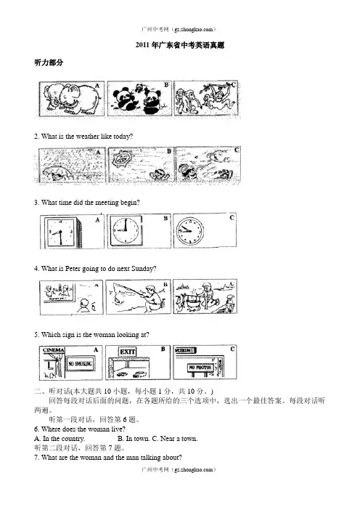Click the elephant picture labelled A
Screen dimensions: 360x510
[x=72, y=99]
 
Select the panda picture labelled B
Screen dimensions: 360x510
[x=139, y=99]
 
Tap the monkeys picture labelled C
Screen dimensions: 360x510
[x=206, y=98]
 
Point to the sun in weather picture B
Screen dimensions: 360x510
[x=121, y=159]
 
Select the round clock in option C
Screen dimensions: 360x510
[x=189, y=230]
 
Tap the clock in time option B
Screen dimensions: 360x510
[x=126, y=230]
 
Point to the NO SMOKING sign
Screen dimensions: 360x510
[x=80, y=364]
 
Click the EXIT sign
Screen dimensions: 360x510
[x=127, y=352]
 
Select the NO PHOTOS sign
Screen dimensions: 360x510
[x=200, y=367]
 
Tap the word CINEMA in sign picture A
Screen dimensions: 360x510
[x=54, y=350]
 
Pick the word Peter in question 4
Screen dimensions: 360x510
[x=73, y=269]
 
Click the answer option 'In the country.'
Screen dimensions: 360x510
[x=60, y=439]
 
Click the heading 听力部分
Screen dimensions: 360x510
[x=49, y=62]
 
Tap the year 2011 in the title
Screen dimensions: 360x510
[x=142, y=45]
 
